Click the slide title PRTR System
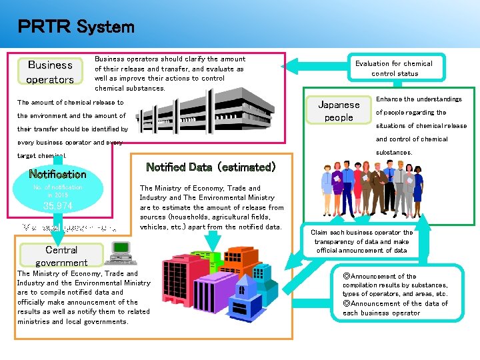[x=76, y=27]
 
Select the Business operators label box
[x=50, y=72]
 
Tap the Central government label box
[x=61, y=256]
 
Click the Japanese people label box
[x=339, y=111]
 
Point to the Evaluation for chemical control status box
[x=393, y=68]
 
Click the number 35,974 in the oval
[x=57, y=205]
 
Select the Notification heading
[x=57, y=174]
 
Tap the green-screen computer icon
[x=121, y=251]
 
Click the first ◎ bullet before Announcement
[x=346, y=276]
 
